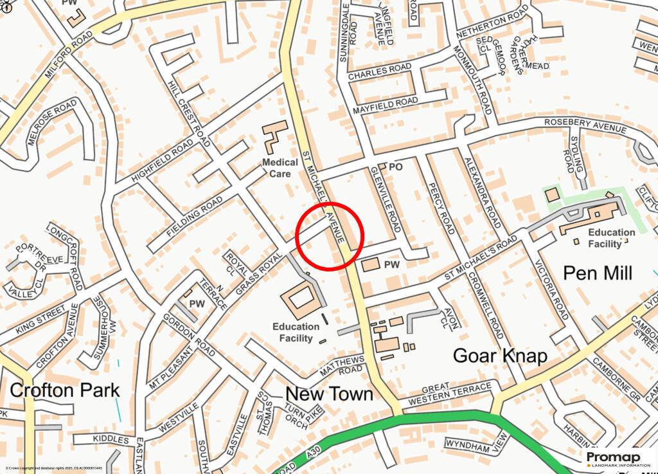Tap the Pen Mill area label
coord(598,273)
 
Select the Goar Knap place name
coord(500,356)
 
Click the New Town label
coord(329,394)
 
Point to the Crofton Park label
coord(65,390)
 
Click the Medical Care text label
coord(280,168)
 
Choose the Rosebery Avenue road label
coord(585,125)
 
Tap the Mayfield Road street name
coord(386,105)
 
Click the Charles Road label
coord(379,71)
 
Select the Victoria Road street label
coord(553,295)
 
